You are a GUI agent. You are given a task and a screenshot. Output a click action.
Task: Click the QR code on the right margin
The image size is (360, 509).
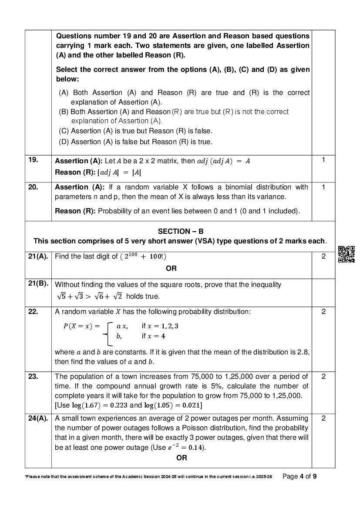coord(347,254)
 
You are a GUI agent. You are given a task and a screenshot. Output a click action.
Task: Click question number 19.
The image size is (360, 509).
coord(33,160)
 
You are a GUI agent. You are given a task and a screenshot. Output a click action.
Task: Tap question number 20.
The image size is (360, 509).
coord(33,187)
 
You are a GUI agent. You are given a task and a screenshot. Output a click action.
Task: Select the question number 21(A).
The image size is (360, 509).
coord(38,256)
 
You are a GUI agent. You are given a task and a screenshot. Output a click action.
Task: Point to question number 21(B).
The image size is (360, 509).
coord(38,284)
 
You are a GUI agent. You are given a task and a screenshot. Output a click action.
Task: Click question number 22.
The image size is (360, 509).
coord(33,311)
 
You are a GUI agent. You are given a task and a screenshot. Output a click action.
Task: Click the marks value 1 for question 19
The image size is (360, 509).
coord(323,160)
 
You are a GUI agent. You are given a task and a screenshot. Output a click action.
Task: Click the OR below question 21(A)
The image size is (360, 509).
coord(171,268)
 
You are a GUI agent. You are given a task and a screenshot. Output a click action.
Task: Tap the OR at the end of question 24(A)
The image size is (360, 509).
coord(182,458)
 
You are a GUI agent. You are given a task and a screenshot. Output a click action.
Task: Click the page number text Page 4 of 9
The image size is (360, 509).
coord(299,476)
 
